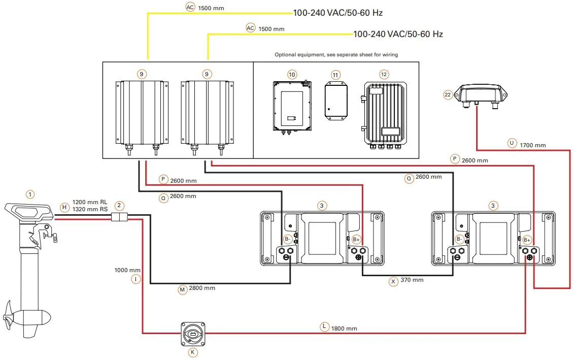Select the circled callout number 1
point(30,194)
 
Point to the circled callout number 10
point(291,74)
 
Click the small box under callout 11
point(335,103)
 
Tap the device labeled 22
point(480,94)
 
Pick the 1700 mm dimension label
point(533,145)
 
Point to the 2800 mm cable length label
point(202,288)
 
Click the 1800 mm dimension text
point(345,329)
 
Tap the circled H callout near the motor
point(64,207)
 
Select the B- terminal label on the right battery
point(459,239)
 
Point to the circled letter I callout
point(135,279)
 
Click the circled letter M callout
point(182,289)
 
